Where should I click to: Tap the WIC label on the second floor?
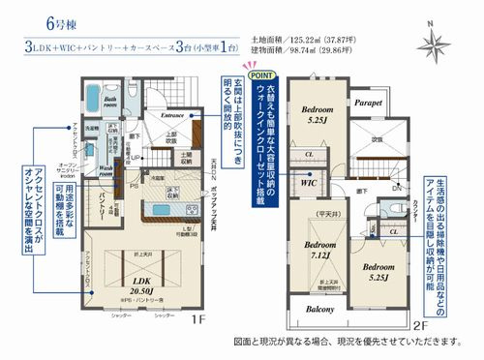pyautogui.click(x=309, y=181)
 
